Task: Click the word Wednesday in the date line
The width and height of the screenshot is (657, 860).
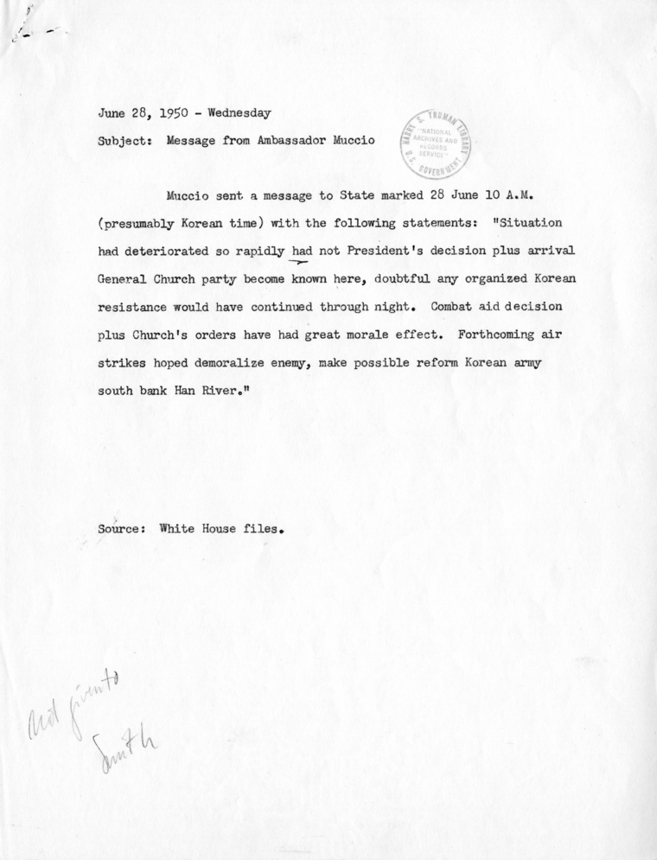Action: click(233, 112)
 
